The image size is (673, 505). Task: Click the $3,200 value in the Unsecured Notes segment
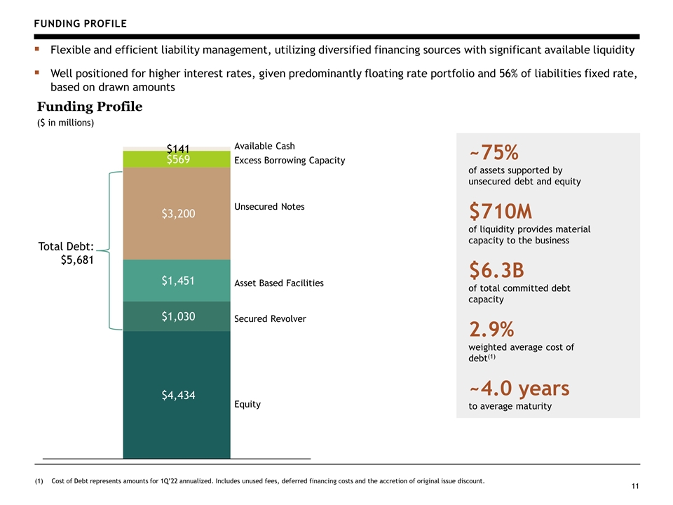pyautogui.click(x=178, y=213)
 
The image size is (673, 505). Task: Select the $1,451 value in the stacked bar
pyautogui.click(x=178, y=281)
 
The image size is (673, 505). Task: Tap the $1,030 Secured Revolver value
pyautogui.click(x=178, y=316)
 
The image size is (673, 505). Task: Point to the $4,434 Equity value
pyautogui.click(x=178, y=395)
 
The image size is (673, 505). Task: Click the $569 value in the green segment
pyautogui.click(x=178, y=159)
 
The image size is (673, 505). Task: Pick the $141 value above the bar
pyautogui.click(x=178, y=149)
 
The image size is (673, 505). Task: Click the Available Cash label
pyautogui.click(x=264, y=146)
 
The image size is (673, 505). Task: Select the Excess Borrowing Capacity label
pyautogui.click(x=290, y=161)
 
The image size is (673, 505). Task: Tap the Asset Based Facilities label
pyautogui.click(x=279, y=283)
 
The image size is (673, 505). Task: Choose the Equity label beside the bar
pyautogui.click(x=247, y=405)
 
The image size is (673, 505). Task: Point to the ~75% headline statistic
pyautogui.click(x=494, y=152)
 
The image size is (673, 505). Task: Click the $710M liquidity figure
pyautogui.click(x=501, y=211)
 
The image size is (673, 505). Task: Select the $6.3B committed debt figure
pyautogui.click(x=496, y=270)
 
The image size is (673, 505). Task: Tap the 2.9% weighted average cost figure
pyautogui.click(x=491, y=330)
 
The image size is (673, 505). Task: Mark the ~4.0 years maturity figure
pyautogui.click(x=519, y=389)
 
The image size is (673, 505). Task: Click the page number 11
pyautogui.click(x=635, y=486)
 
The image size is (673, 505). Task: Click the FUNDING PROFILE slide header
pyautogui.click(x=80, y=24)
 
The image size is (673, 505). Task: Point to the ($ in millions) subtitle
pyautogui.click(x=65, y=123)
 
